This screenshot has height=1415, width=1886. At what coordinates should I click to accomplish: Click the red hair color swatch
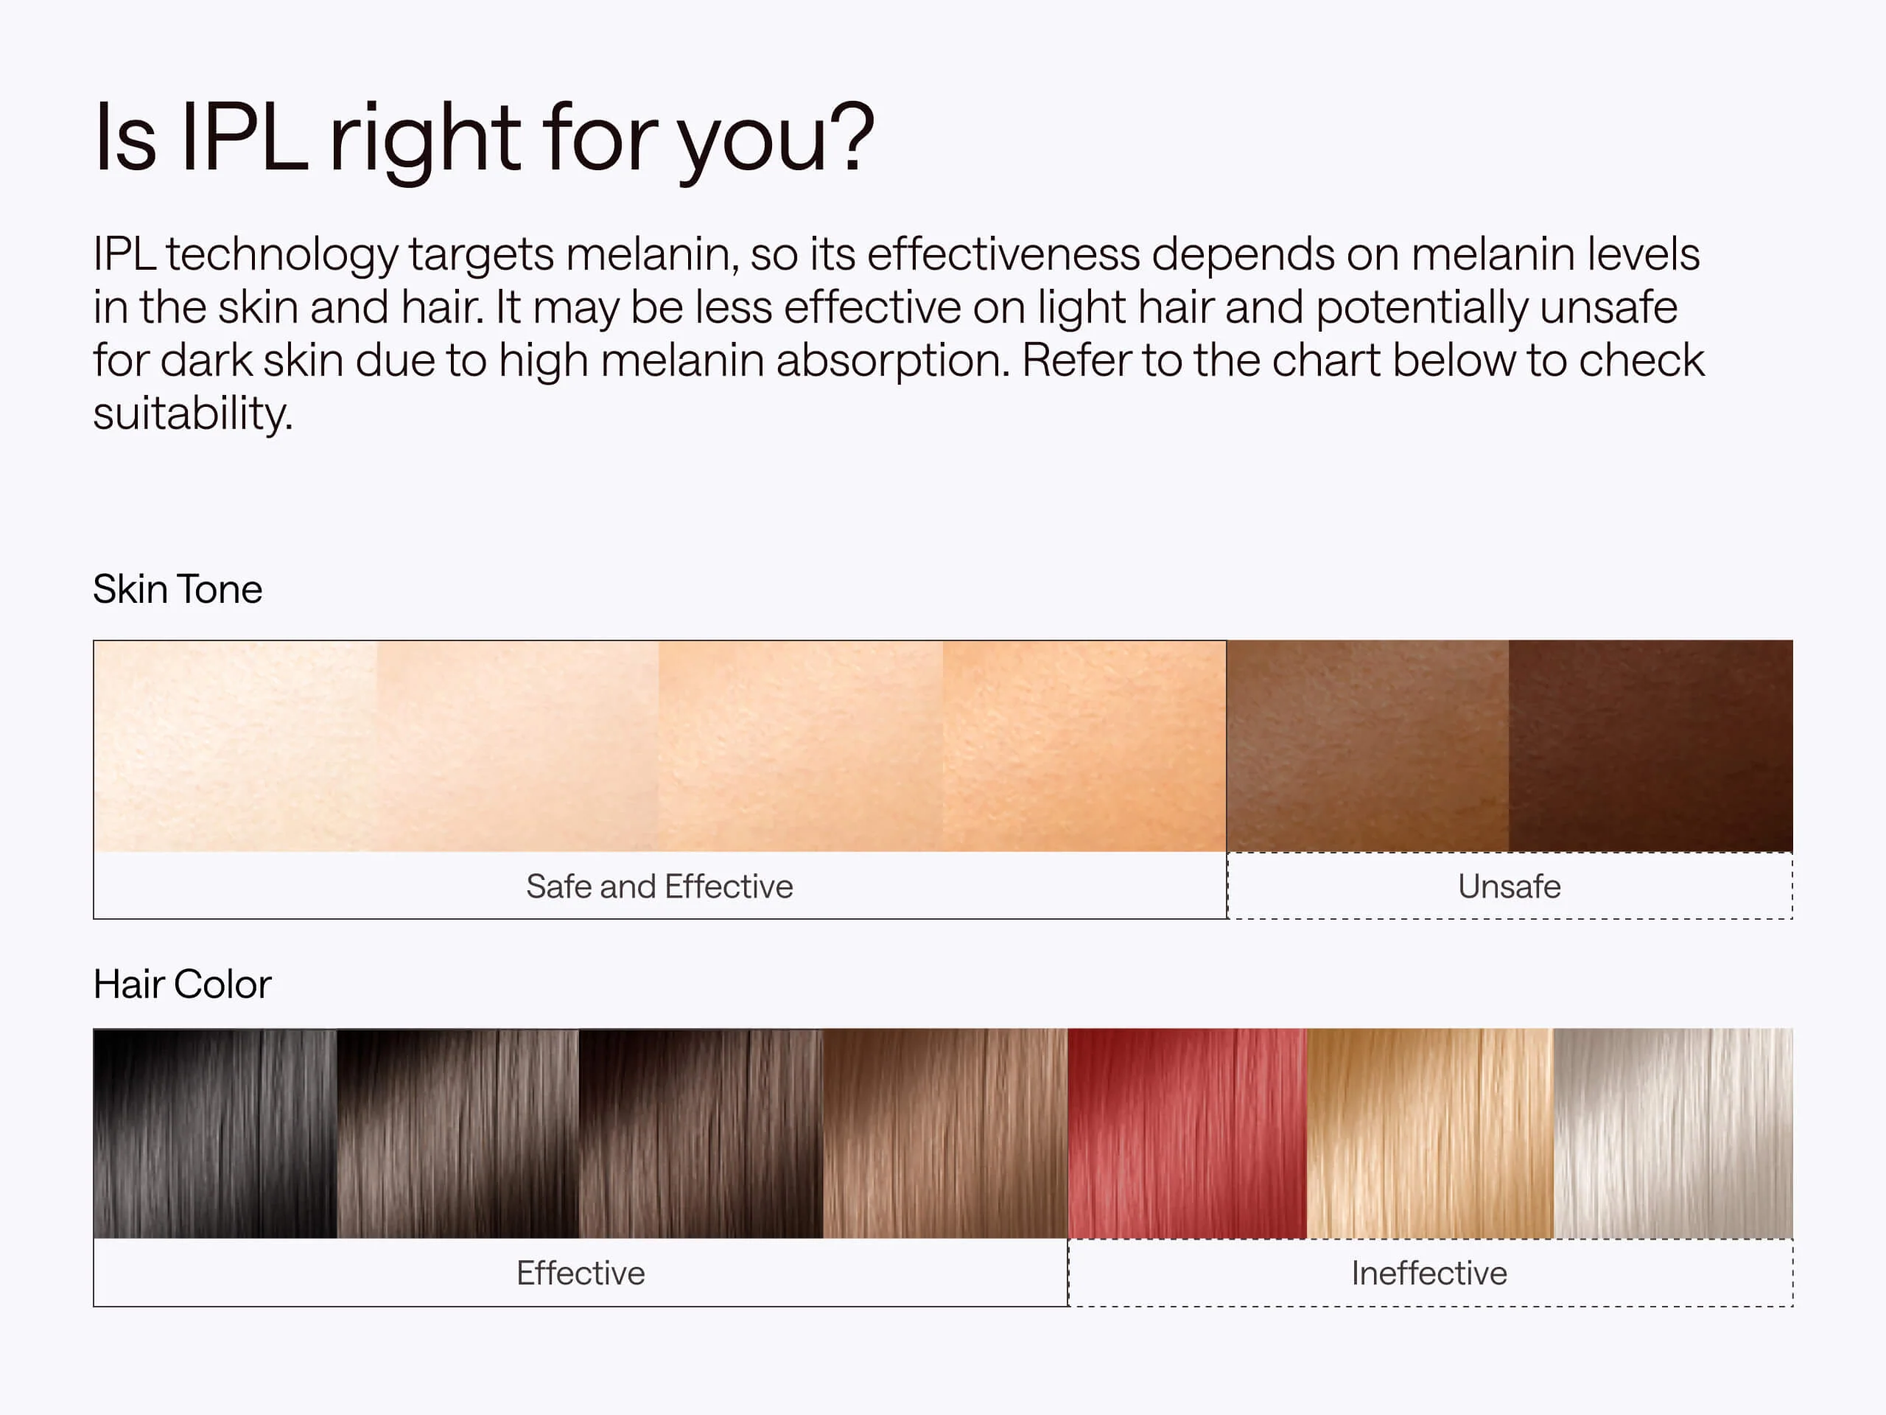pyautogui.click(x=1186, y=1133)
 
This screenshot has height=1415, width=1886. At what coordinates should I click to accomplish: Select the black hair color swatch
pyautogui.click(x=215, y=1133)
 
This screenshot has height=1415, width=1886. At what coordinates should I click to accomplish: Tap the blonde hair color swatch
pyautogui.click(x=1429, y=1133)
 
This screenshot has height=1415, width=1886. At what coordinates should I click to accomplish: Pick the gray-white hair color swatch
pyautogui.click(x=1673, y=1133)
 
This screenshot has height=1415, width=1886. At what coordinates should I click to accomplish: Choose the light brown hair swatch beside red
pyautogui.click(x=944, y=1133)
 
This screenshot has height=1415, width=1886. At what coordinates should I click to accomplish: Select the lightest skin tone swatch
pyautogui.click(x=235, y=746)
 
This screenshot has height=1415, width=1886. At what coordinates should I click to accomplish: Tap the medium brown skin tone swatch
pyautogui.click(x=1367, y=746)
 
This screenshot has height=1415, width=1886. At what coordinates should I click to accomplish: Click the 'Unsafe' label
pyautogui.click(x=1509, y=886)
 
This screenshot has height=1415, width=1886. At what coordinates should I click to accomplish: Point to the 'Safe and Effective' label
pyautogui.click(x=659, y=886)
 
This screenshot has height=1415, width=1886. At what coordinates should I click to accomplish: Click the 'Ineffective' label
pyautogui.click(x=1429, y=1273)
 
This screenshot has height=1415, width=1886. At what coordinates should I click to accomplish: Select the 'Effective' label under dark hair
pyautogui.click(x=581, y=1273)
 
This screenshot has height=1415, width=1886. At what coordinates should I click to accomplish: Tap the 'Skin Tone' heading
pyautogui.click(x=178, y=590)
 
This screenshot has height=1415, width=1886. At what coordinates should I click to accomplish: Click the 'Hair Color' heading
pyautogui.click(x=182, y=985)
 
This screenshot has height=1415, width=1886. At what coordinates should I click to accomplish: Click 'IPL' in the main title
pyautogui.click(x=244, y=138)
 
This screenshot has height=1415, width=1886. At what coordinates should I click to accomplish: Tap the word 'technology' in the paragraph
pyautogui.click(x=281, y=255)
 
